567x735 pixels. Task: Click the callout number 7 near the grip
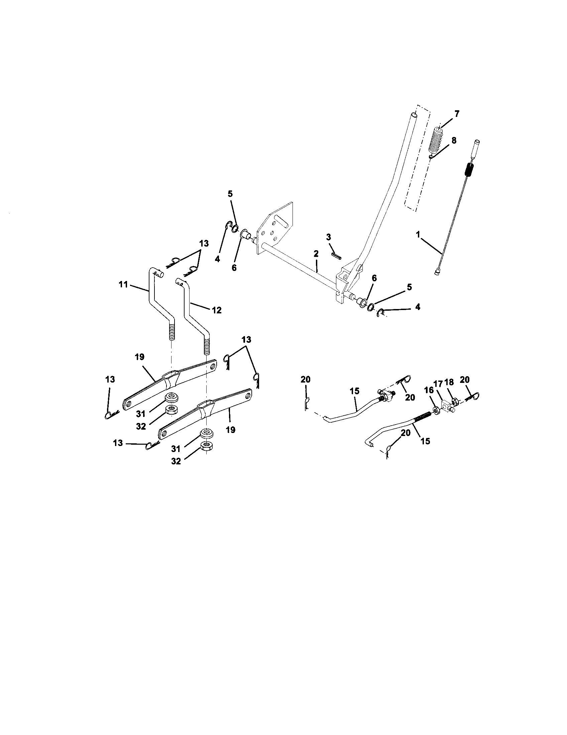[457, 114]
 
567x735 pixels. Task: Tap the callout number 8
[454, 141]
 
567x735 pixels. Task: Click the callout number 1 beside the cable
[418, 235]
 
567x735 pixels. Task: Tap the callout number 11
[123, 285]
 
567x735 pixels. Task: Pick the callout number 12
[217, 310]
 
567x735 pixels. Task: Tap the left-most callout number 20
[306, 380]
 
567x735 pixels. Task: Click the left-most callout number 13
[110, 380]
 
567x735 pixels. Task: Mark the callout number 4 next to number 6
[217, 259]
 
